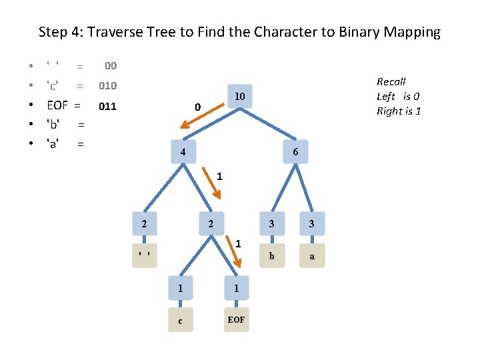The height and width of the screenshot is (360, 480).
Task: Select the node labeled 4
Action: [x=182, y=152]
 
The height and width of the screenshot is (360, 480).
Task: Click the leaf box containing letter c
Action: [x=180, y=321]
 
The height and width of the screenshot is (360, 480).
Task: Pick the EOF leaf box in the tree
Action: [x=236, y=321]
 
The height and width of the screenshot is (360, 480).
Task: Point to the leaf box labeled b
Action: [x=271, y=255]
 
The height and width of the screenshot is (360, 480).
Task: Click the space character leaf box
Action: [x=144, y=255]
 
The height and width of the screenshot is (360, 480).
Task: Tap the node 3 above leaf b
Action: [x=271, y=224]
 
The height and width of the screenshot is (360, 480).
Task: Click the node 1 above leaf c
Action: [x=180, y=288]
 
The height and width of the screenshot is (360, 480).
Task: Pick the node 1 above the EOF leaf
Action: [x=236, y=288]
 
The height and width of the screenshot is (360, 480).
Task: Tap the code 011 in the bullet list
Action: [x=107, y=105]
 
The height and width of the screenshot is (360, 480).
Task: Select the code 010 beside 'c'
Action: [x=107, y=86]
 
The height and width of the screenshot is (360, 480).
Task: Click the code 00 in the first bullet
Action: [x=111, y=66]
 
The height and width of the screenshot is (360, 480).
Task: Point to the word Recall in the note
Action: [x=391, y=81]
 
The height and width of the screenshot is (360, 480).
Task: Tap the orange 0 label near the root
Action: [x=197, y=107]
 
